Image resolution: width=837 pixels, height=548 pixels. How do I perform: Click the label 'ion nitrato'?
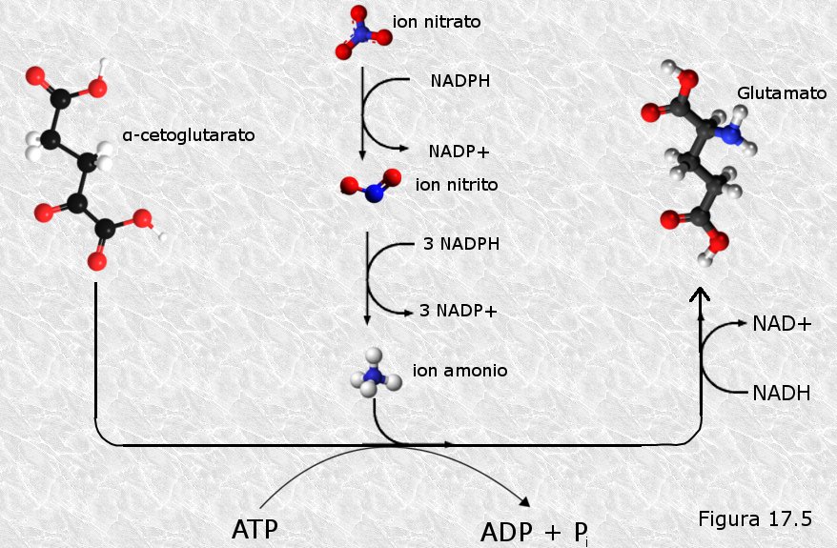pyautogui.click(x=437, y=22)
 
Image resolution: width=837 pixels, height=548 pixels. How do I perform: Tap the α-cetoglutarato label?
pyautogui.click(x=189, y=135)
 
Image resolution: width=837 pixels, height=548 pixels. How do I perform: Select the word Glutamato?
pyautogui.click(x=782, y=93)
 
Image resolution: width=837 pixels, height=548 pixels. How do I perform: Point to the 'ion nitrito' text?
pyautogui.click(x=457, y=185)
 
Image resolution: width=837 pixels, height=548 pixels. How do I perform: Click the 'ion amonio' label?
pyautogui.click(x=459, y=371)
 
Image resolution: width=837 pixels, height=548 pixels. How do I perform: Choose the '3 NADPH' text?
pyautogui.click(x=461, y=244)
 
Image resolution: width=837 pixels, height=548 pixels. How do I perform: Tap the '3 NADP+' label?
pyautogui.click(x=458, y=311)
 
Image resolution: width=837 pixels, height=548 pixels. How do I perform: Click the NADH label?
pyautogui.click(x=782, y=394)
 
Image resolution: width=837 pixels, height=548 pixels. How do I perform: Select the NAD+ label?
pyautogui.click(x=782, y=323)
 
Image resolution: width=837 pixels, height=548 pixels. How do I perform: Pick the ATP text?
pyautogui.click(x=255, y=530)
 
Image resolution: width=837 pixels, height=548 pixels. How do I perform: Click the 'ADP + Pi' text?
pyautogui.click(x=535, y=533)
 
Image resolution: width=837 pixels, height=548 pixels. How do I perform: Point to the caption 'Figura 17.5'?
pyautogui.click(x=755, y=518)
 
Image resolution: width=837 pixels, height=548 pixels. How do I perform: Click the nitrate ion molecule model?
pyautogui.click(x=363, y=32)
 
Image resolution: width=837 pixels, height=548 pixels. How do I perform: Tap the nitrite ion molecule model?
pyautogui.click(x=372, y=185)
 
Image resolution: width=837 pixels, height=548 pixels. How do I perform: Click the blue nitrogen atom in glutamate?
pyautogui.click(x=728, y=133)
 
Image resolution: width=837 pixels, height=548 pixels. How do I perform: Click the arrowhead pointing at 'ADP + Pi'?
pyautogui.click(x=524, y=501)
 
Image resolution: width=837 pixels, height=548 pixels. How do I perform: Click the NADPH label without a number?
pyautogui.click(x=460, y=81)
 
